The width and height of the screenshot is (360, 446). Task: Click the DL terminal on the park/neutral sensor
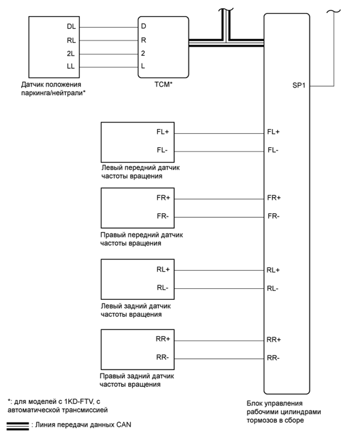click(71, 26)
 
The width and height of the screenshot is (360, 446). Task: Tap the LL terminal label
click(71, 66)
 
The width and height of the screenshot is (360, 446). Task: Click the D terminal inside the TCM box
click(143, 26)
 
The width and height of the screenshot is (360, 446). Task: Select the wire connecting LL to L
click(109, 66)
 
